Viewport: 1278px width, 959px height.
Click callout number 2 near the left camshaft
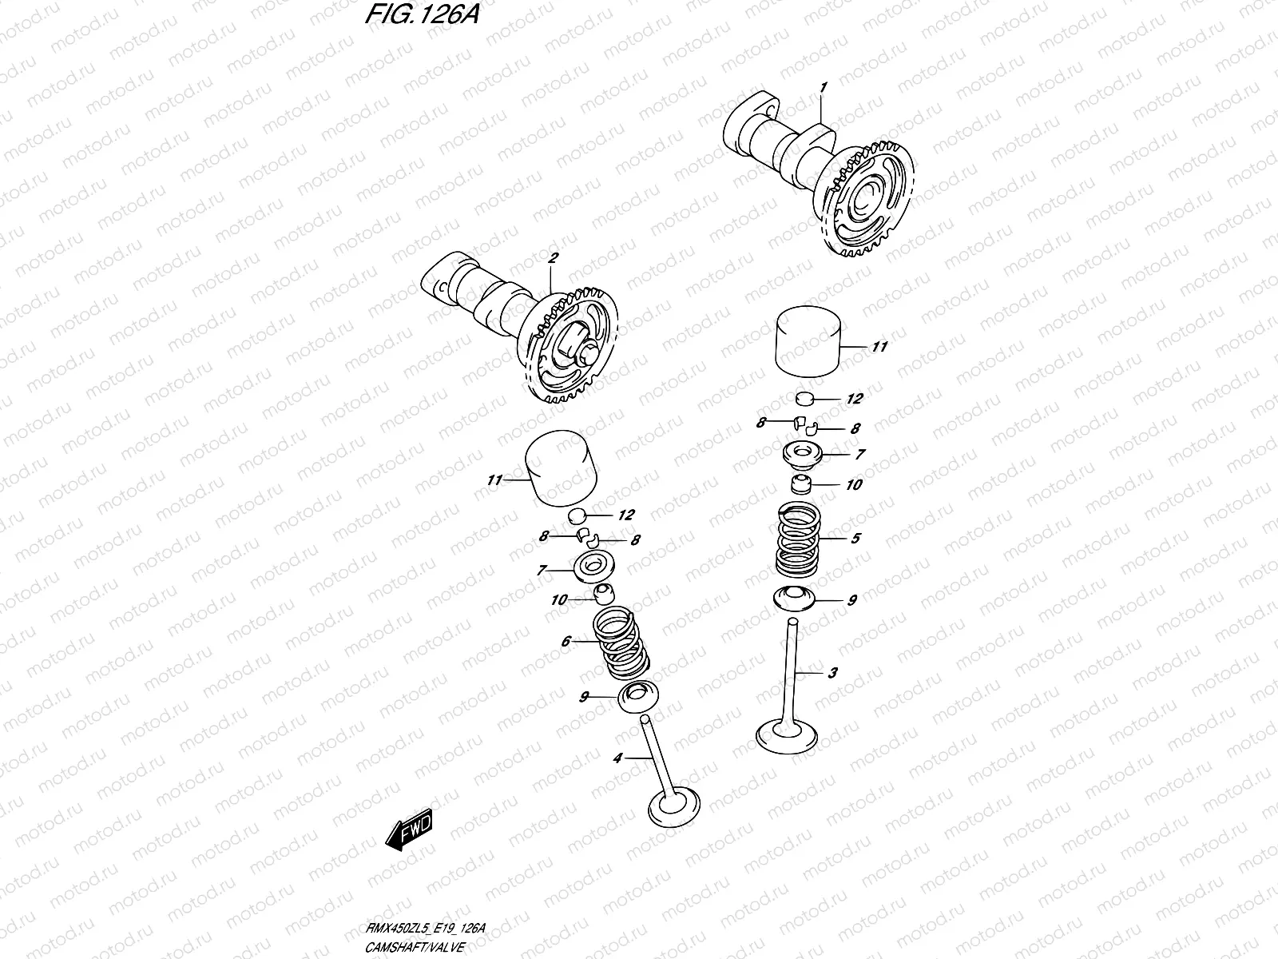(553, 259)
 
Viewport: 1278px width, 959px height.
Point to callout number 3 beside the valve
(832, 673)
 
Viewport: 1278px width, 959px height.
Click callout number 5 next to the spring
(855, 539)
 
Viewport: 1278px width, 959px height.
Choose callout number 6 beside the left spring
(566, 641)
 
